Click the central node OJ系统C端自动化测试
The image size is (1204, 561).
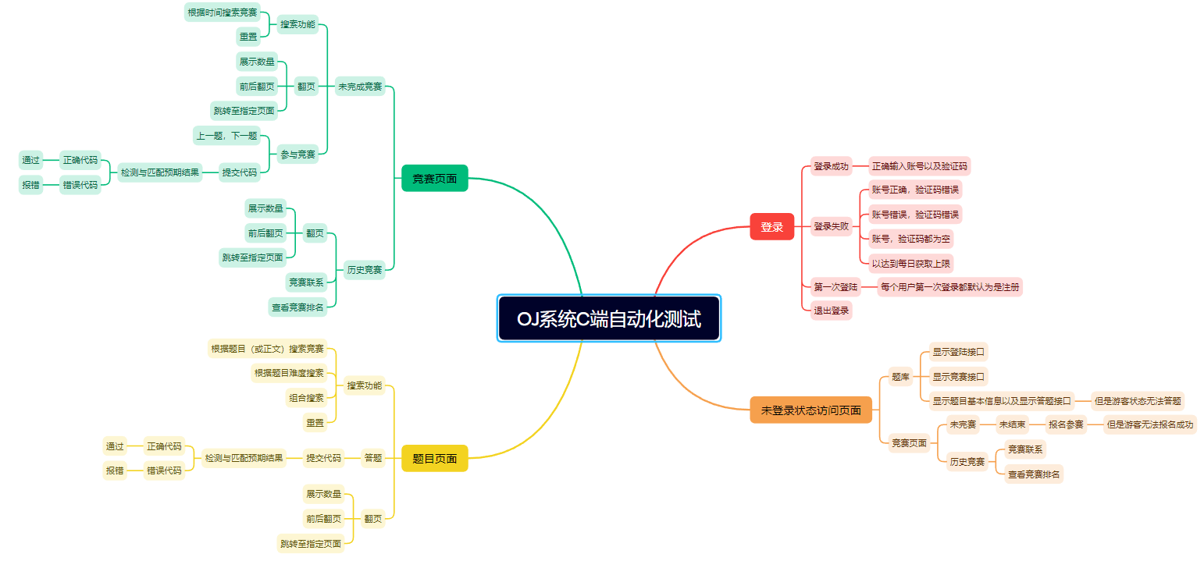point(608,318)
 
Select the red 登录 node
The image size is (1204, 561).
point(771,227)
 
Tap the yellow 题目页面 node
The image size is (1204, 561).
point(434,459)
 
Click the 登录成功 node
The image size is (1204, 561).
point(830,166)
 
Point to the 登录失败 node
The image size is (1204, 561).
point(830,226)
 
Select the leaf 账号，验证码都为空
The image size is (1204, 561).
point(911,239)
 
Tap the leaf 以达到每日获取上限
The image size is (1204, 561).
point(911,264)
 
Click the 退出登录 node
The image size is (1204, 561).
point(831,310)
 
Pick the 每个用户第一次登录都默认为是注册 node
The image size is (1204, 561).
point(949,287)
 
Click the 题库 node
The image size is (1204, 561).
point(900,377)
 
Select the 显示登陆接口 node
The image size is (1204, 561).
point(959,352)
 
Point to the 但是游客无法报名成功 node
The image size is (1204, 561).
point(1149,425)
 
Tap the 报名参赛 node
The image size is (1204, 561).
point(1066,425)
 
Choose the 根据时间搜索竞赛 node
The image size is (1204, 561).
point(223,12)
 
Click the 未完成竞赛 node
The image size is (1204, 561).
point(360,87)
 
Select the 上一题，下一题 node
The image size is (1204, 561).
point(226,136)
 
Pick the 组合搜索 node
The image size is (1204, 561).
point(306,398)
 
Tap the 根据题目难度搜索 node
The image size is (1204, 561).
point(288,373)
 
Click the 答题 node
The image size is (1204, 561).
point(373,458)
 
